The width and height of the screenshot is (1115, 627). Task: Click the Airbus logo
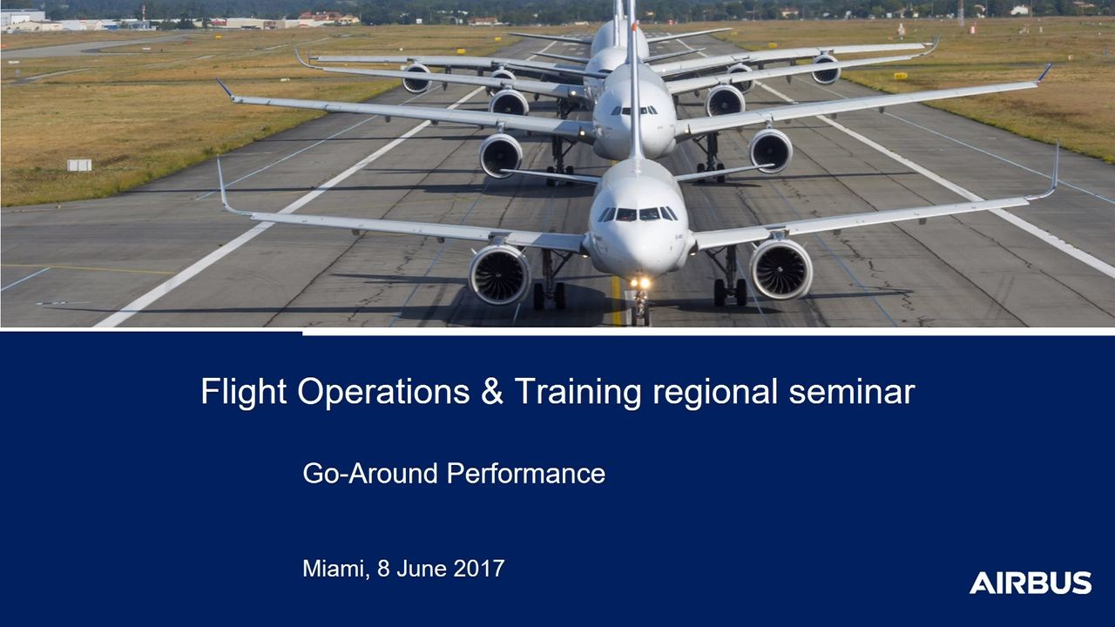click(1030, 583)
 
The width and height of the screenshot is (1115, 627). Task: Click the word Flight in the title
click(243, 392)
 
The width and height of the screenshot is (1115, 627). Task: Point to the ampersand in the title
click(491, 392)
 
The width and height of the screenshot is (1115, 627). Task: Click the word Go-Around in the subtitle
click(371, 474)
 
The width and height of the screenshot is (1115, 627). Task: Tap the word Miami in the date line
click(334, 569)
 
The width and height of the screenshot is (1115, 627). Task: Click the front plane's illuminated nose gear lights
click(640, 283)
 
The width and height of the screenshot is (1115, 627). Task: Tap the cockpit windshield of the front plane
click(638, 213)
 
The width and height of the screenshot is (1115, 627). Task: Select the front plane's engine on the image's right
click(780, 267)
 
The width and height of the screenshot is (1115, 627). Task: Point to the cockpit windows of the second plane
click(634, 111)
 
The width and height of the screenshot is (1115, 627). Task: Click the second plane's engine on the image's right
click(771, 151)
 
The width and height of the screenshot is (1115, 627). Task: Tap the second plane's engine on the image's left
click(501, 155)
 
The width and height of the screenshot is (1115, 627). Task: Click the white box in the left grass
click(79, 165)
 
